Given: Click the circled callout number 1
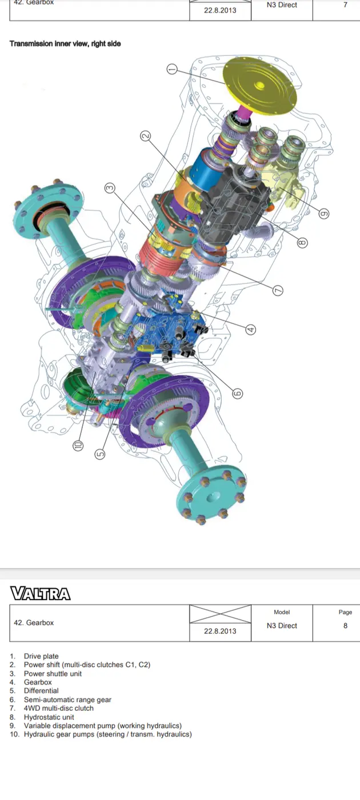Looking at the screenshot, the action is click(172, 69).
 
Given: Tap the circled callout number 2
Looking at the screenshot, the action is click(145, 136).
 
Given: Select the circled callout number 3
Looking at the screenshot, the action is click(110, 187).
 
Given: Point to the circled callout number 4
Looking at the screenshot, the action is click(251, 329).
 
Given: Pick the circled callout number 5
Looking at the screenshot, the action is click(100, 454).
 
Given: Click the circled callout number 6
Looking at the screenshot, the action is click(238, 393).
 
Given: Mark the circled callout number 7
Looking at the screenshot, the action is click(278, 290).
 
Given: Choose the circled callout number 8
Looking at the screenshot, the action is click(302, 242).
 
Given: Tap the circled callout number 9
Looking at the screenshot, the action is click(323, 214).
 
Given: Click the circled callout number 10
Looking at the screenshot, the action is click(78, 445).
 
